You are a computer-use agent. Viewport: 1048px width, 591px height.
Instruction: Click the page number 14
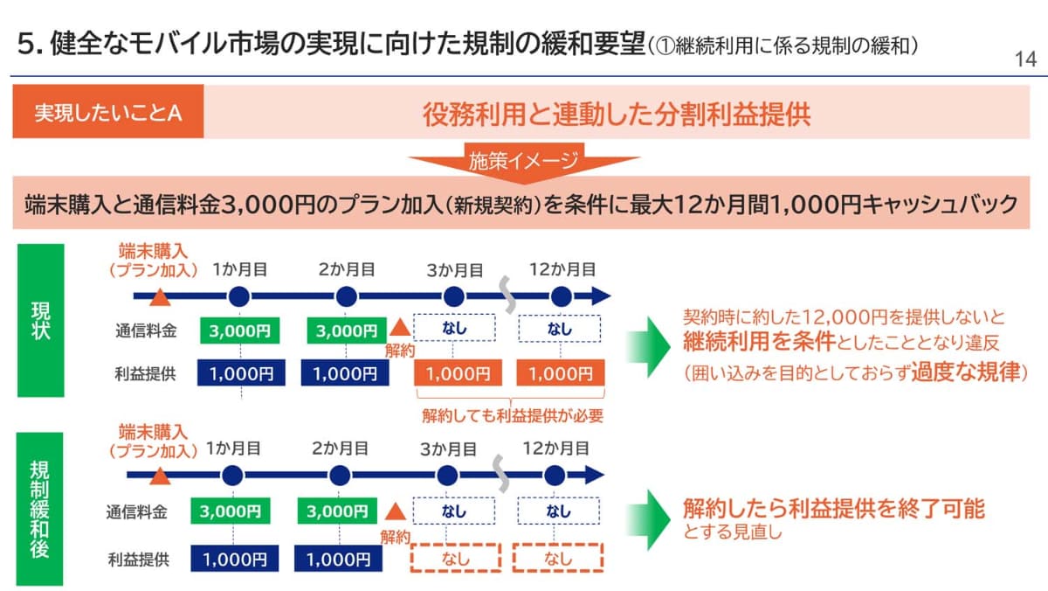[1025, 59]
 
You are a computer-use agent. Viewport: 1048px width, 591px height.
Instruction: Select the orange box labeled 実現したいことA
[108, 114]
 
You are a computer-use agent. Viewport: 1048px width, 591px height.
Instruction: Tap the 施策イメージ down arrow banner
[524, 163]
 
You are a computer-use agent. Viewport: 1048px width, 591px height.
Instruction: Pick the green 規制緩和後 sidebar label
[40, 509]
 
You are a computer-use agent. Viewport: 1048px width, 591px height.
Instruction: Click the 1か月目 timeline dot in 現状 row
[240, 296]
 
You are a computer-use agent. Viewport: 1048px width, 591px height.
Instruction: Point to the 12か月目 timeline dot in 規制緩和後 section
[555, 476]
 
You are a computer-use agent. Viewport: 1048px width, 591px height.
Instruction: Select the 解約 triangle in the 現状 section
[398, 328]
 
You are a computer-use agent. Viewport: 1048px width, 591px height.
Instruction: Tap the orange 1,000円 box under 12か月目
[560, 373]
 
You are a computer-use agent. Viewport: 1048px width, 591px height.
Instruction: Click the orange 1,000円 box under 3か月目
[454, 373]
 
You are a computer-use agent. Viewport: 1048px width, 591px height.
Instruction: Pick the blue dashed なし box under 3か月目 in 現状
[454, 330]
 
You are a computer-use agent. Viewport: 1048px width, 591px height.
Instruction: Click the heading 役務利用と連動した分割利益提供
[616, 114]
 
